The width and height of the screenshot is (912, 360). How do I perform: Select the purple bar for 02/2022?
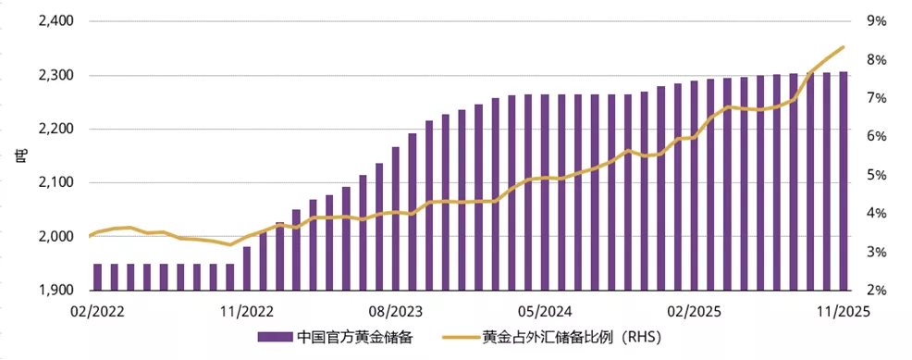pos(97,277)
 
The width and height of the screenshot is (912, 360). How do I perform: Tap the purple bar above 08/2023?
pos(396,218)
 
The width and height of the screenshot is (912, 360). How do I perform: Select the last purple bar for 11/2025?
pos(843,180)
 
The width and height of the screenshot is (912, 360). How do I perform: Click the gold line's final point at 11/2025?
pos(843,47)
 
